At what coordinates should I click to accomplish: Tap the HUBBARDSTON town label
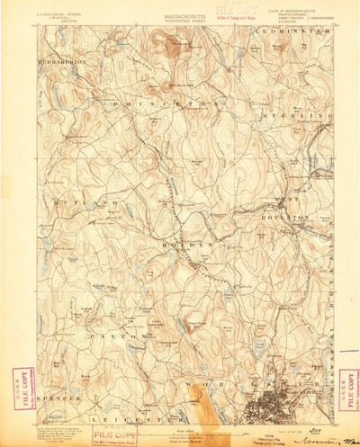click(60, 61)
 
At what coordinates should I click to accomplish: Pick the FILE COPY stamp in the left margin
click(21, 388)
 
